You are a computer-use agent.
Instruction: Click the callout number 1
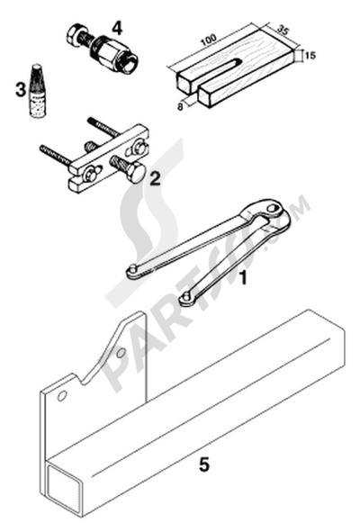[243, 278]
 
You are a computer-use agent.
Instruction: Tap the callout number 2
[155, 178]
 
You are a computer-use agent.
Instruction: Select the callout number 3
[21, 90]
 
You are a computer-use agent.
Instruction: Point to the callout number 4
[116, 28]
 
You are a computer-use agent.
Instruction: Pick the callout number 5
[204, 464]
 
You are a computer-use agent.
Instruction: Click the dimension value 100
[208, 40]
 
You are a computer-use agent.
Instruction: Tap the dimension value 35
[282, 30]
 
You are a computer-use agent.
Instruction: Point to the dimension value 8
[180, 106]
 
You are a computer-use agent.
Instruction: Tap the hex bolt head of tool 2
[137, 174]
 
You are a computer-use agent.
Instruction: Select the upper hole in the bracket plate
[121, 354]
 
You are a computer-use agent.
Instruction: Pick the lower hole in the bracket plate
[62, 395]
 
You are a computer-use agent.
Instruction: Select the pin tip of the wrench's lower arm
[184, 298]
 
